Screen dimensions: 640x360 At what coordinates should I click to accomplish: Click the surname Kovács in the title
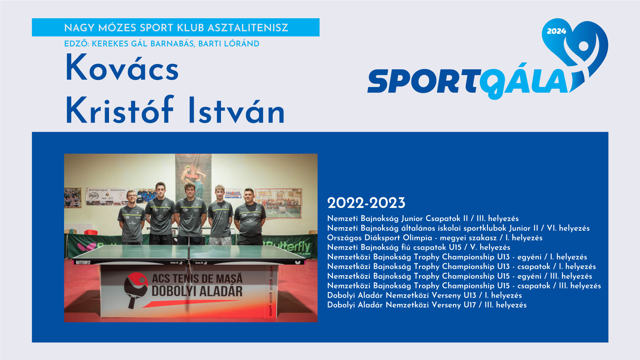point(122,68)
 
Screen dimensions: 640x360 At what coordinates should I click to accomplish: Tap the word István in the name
point(236,110)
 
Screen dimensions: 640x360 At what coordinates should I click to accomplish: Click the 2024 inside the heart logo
point(556,31)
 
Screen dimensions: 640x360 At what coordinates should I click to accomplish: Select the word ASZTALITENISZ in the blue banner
point(248,28)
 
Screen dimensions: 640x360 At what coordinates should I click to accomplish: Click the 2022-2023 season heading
point(366,203)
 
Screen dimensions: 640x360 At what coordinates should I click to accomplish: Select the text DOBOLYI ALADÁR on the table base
point(197,291)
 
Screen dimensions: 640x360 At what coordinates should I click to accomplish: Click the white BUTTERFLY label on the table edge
point(83,262)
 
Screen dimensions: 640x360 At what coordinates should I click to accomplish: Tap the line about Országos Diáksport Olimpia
point(435,238)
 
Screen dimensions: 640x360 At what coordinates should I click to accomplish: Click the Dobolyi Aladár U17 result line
point(427,305)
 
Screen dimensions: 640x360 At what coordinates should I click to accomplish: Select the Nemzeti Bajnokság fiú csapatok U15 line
point(419,247)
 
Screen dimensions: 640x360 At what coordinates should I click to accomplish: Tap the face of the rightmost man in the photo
point(249,196)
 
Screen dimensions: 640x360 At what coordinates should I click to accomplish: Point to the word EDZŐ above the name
point(76,44)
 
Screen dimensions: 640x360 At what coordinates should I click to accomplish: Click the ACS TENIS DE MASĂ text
point(197,278)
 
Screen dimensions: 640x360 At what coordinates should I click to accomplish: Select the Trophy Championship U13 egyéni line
point(457,257)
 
